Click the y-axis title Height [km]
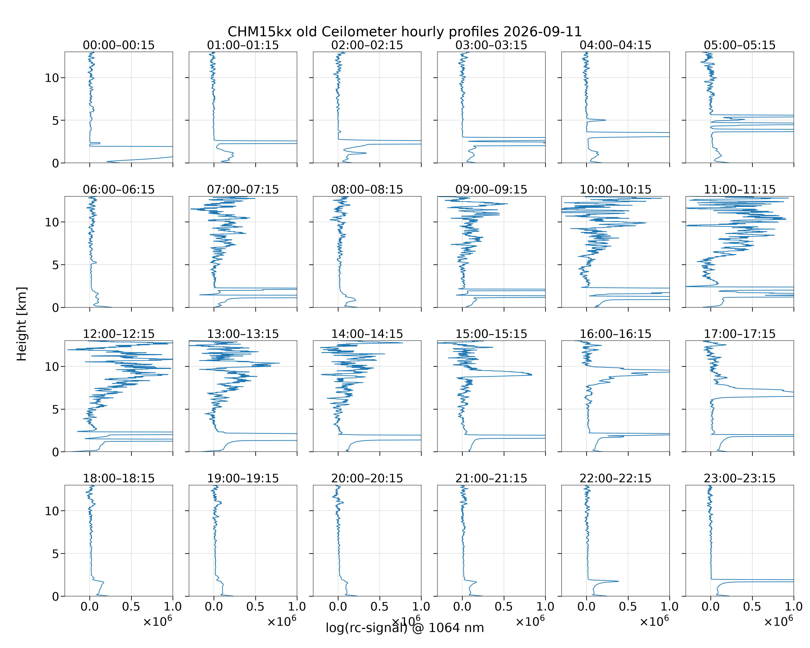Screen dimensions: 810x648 22,324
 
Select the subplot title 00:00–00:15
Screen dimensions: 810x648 119,45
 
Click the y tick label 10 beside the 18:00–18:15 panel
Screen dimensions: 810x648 52,511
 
